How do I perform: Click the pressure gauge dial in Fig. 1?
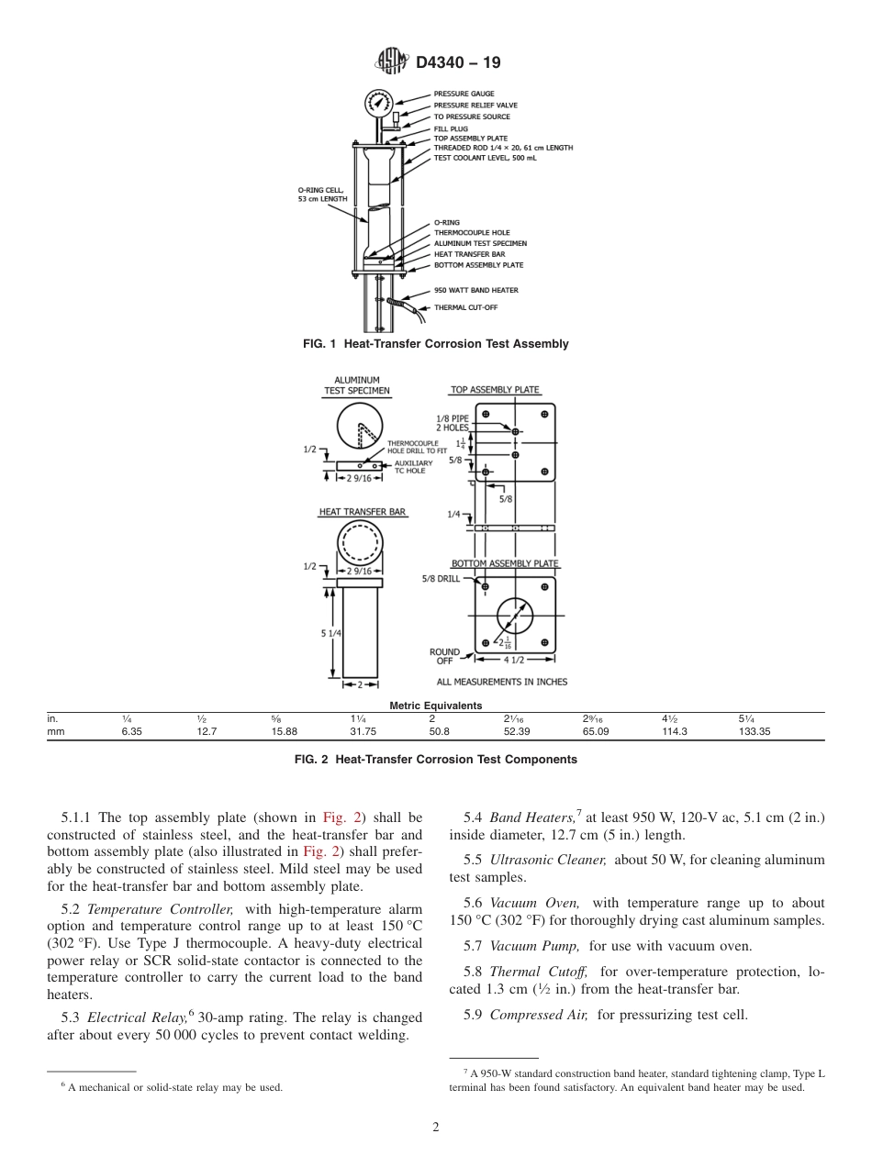click(x=377, y=103)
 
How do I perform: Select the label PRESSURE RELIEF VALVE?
click(x=475, y=106)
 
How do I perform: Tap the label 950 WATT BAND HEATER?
click(x=475, y=290)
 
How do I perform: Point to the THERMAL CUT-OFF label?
click(x=465, y=307)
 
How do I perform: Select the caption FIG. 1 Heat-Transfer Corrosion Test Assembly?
click(x=435, y=344)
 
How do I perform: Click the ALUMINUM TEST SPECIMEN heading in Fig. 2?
click(x=356, y=385)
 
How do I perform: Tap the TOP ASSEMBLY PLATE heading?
click(x=495, y=390)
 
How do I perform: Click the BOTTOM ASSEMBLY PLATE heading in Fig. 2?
click(x=504, y=563)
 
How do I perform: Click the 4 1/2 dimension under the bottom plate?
click(x=515, y=660)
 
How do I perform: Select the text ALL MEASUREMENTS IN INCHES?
click(x=501, y=682)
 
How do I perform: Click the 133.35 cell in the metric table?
click(x=754, y=732)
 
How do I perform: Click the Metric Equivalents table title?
click(x=435, y=706)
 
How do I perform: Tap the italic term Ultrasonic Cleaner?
click(x=548, y=860)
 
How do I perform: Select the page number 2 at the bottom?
click(x=435, y=1128)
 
